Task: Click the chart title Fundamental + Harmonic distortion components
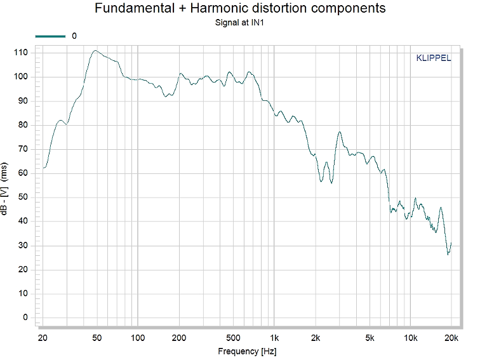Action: pos(240,8)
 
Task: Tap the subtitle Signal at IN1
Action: pos(240,23)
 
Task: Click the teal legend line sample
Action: pos(50,36)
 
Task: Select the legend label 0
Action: pos(74,36)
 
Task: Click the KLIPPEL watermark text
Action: pos(433,58)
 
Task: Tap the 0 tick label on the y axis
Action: pos(26,317)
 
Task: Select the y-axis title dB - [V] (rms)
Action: pos(6,189)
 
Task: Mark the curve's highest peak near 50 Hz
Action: pos(95,51)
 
